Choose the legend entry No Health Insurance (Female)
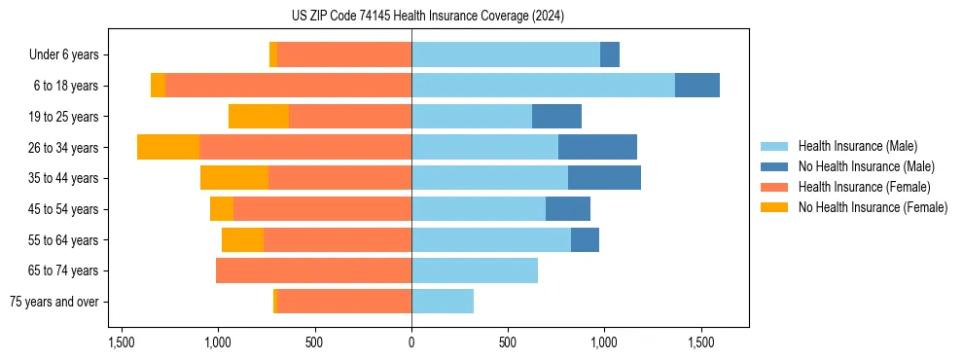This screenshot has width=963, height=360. [x=873, y=207]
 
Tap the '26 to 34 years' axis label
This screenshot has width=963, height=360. [x=64, y=148]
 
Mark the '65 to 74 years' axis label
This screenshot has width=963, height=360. [x=64, y=270]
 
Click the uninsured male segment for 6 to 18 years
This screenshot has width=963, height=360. [x=697, y=86]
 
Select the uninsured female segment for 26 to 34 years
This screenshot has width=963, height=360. [x=168, y=147]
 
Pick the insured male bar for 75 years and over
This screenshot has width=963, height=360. [x=443, y=302]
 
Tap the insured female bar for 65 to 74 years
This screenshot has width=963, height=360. [x=313, y=270]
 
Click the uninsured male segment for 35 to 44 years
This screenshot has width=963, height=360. [x=604, y=178]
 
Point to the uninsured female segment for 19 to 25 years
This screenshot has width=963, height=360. [x=259, y=117]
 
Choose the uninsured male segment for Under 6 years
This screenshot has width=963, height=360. [x=610, y=55]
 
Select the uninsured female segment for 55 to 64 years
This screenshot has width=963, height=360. [x=242, y=240]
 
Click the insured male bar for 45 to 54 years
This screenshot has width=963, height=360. [x=479, y=209]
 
